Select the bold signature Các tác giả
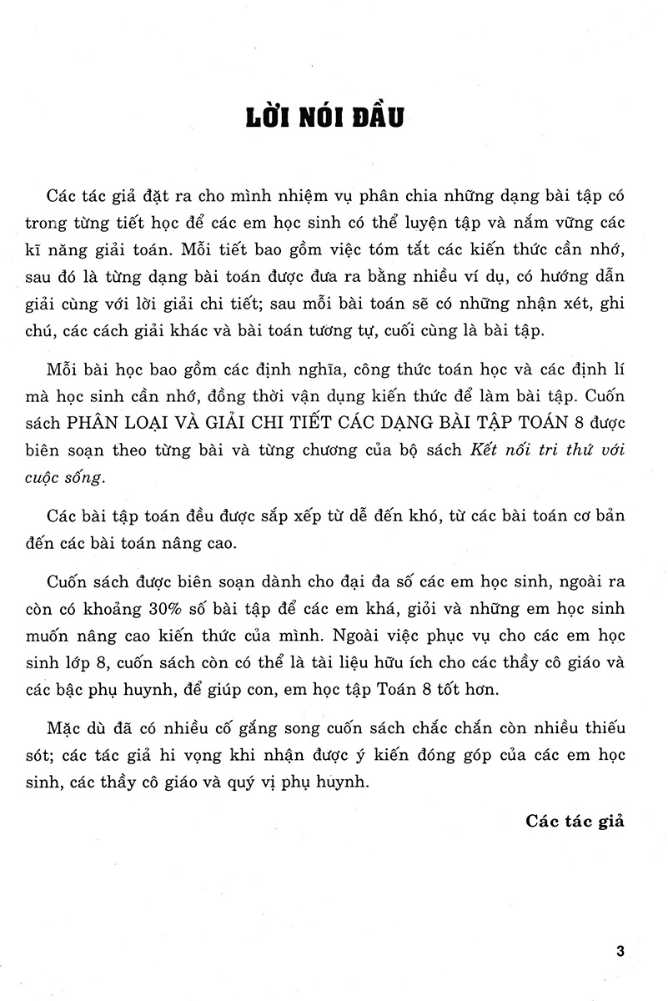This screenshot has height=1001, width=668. point(575,821)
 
